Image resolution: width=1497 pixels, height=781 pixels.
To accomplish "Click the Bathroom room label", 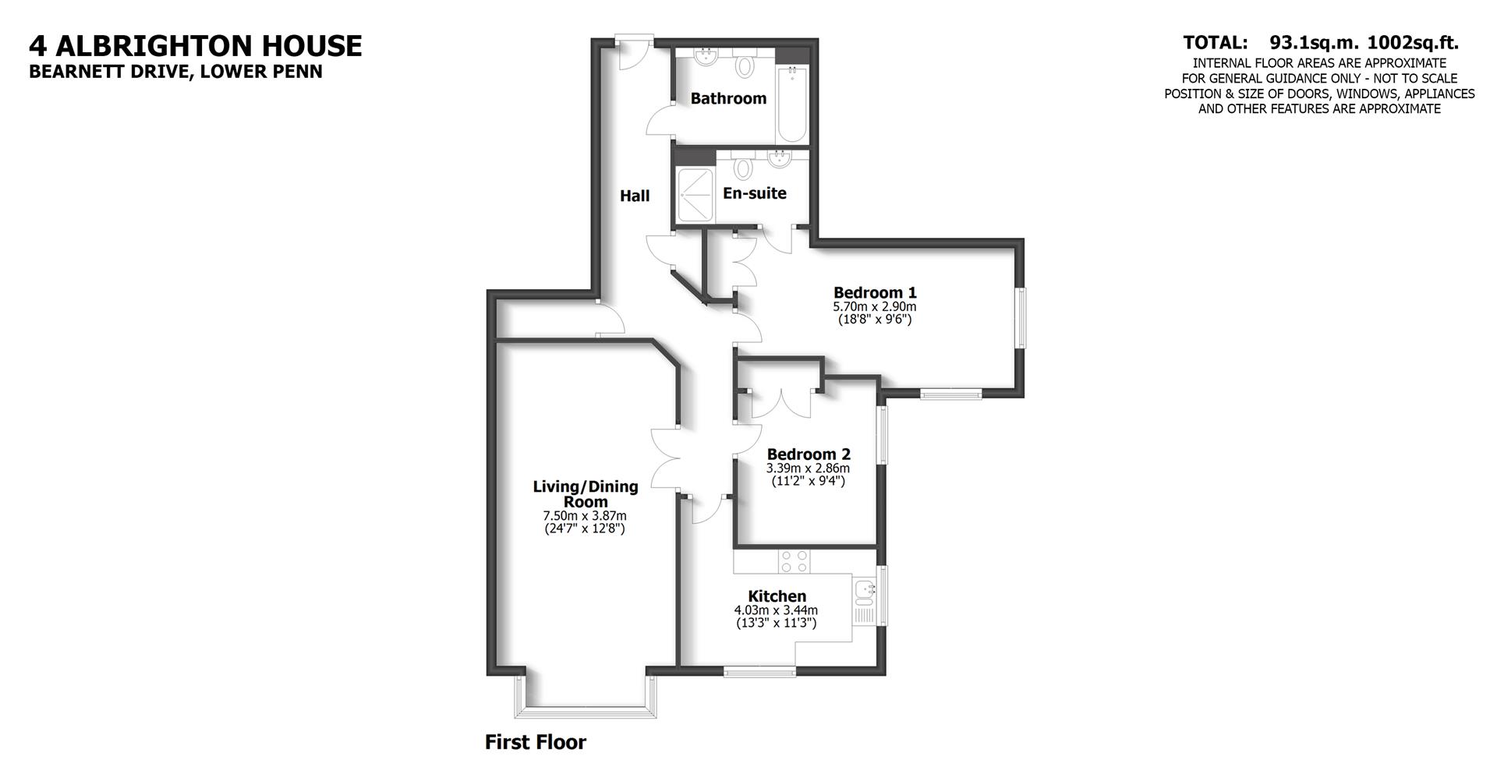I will click(x=728, y=98).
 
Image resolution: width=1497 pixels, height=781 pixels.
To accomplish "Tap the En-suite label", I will click(x=754, y=193).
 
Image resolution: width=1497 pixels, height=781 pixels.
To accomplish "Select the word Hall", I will click(x=635, y=196).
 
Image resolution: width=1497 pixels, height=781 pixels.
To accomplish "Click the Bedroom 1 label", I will click(x=875, y=292).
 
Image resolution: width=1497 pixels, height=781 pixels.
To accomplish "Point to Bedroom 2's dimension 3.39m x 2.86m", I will click(x=808, y=468).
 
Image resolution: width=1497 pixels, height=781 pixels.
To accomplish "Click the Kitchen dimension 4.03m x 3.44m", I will click(x=776, y=610).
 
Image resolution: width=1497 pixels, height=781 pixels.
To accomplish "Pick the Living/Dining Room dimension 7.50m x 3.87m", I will click(x=585, y=516).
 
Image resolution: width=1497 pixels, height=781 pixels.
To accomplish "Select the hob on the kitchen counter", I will click(x=795, y=561).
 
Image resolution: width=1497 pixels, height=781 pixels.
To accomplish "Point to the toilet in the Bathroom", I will click(x=745, y=65).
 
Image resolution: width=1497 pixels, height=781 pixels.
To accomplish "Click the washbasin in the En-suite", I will click(x=779, y=159).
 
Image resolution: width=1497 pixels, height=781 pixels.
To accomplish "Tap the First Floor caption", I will click(x=535, y=742).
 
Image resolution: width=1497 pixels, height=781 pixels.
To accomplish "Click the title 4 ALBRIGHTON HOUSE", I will click(x=195, y=46).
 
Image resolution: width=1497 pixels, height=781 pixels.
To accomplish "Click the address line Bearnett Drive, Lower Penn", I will click(x=175, y=72).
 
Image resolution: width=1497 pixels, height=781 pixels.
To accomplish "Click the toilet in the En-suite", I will click(x=743, y=168).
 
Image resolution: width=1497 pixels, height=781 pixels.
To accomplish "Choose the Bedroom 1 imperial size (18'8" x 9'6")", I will click(x=875, y=320).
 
